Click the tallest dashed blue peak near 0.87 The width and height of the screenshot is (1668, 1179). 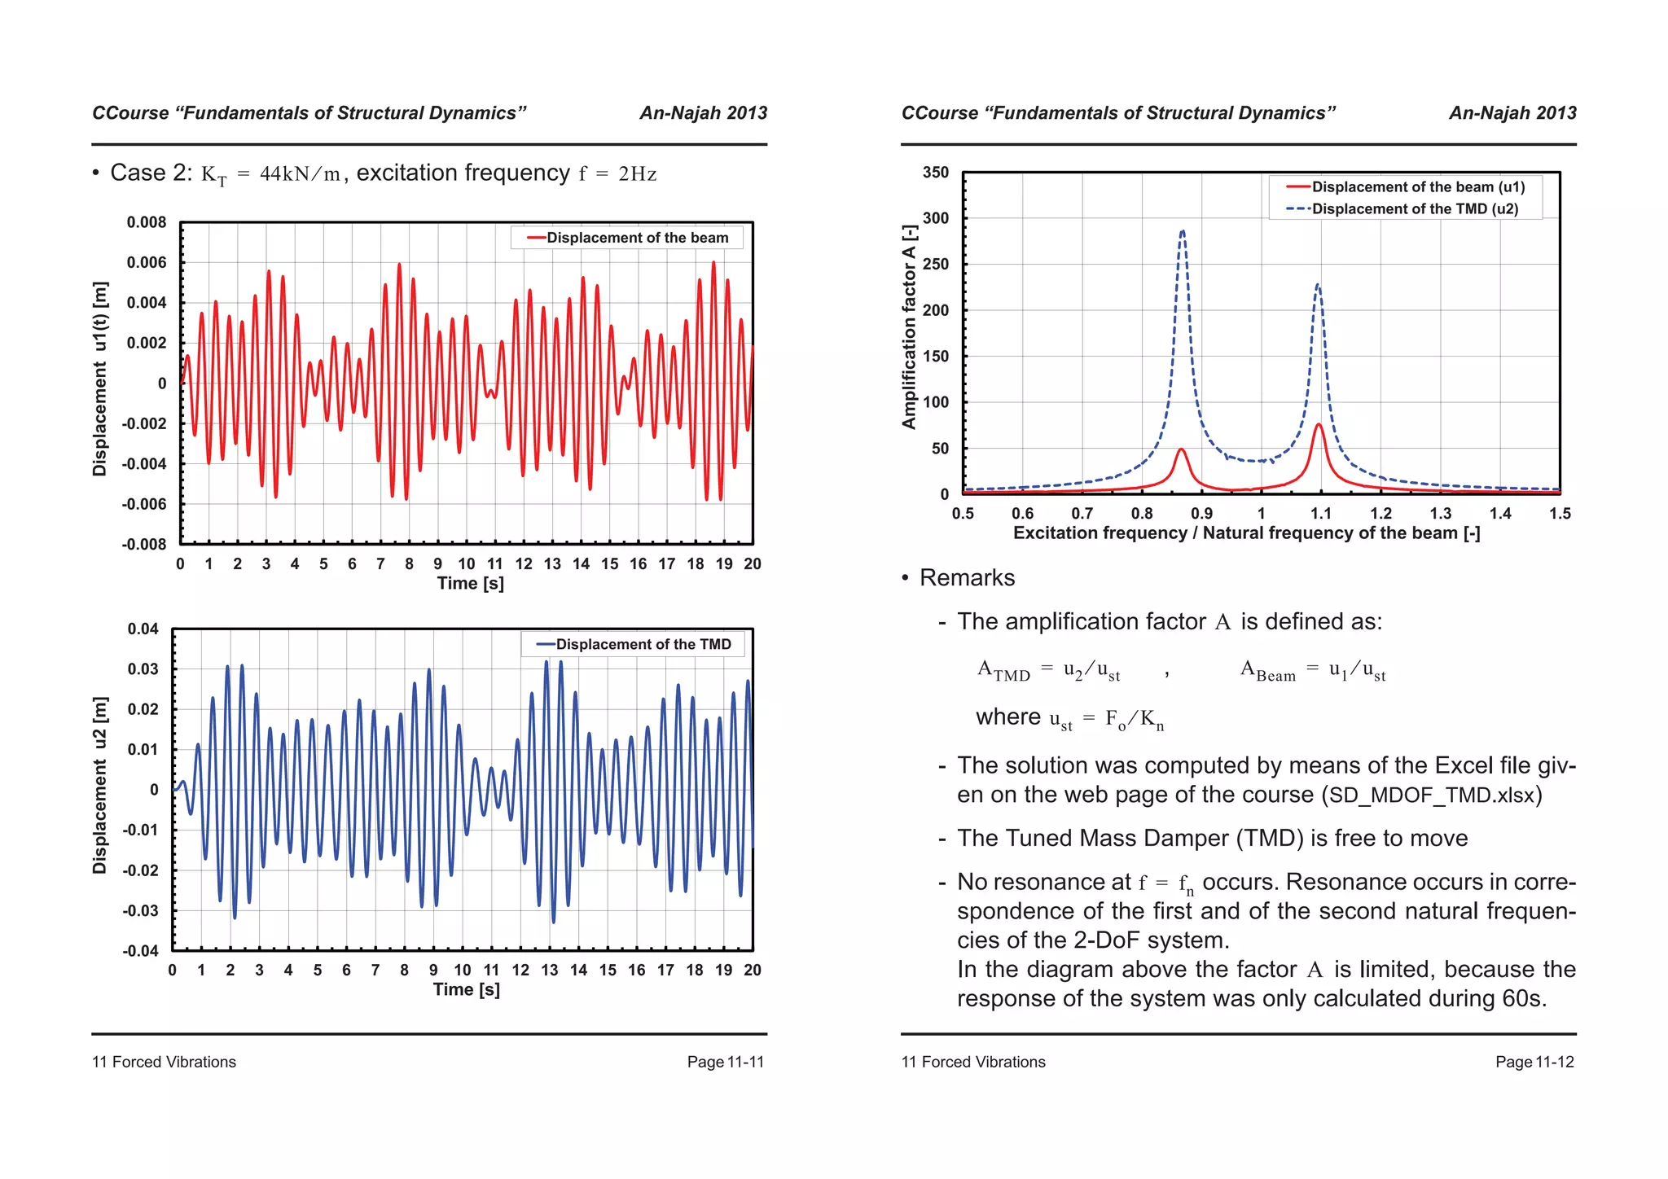[x=1182, y=232]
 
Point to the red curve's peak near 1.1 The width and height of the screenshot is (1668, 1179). [x=1318, y=425]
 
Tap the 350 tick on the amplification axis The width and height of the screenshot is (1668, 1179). [x=936, y=173]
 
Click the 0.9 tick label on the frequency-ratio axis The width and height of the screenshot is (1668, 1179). [x=1201, y=514]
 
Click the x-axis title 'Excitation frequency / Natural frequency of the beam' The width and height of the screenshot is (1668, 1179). [x=1246, y=533]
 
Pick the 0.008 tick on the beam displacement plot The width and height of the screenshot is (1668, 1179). [x=147, y=222]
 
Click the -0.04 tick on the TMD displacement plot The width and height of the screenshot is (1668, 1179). [x=141, y=950]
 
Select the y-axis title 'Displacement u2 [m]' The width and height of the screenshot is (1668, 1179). [x=100, y=786]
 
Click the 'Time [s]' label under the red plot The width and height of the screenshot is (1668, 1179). [x=470, y=583]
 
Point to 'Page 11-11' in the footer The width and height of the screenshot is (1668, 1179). [x=725, y=1062]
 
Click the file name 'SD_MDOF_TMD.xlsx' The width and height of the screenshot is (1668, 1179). [x=1432, y=795]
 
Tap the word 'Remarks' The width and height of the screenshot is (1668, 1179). [x=967, y=578]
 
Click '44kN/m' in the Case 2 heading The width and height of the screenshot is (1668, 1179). [x=300, y=174]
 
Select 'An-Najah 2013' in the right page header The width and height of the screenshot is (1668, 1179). [x=1512, y=113]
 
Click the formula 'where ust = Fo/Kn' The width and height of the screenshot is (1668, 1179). [x=1069, y=718]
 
